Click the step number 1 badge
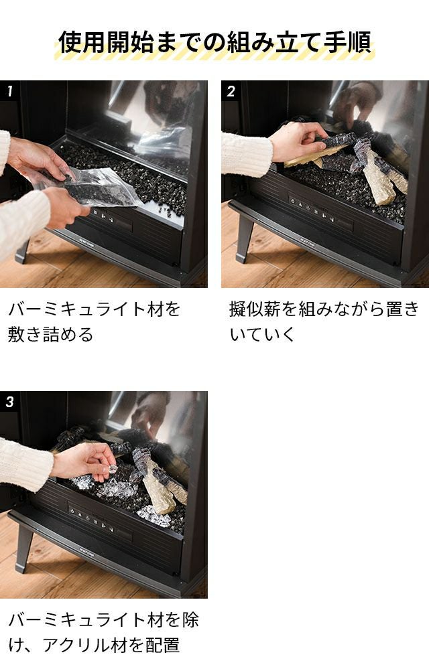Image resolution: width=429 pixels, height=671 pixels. pos(10,90)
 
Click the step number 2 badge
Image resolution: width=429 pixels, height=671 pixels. pos(231,90)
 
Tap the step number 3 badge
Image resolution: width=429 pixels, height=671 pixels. pos(10,401)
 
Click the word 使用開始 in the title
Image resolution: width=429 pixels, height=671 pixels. pos(107,42)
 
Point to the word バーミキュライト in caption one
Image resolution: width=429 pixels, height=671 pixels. pos(78,309)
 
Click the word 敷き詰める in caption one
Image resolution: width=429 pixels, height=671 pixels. pos(50,334)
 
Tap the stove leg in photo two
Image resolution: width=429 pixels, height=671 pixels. pos(243,238)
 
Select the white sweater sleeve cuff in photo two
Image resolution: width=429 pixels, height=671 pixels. pos(247,155)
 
